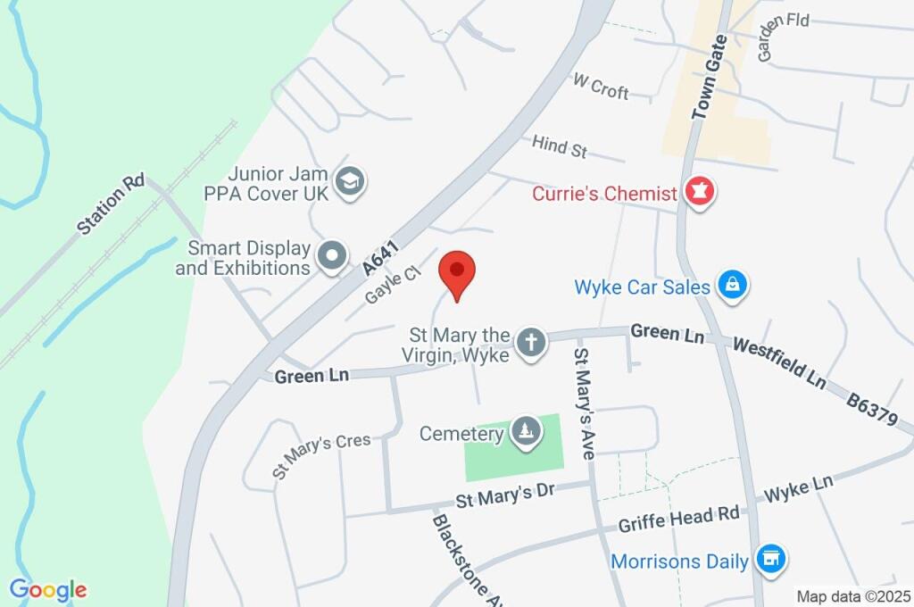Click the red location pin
click(x=458, y=271)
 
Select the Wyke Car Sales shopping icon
click(x=732, y=287)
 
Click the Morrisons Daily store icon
click(x=769, y=561)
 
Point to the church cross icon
click(x=531, y=343)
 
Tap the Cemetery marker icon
click(x=524, y=434)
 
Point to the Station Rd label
click(x=111, y=204)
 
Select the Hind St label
click(x=559, y=147)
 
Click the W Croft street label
click(x=601, y=87)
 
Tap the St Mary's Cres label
click(x=321, y=457)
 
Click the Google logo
click(x=48, y=590)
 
